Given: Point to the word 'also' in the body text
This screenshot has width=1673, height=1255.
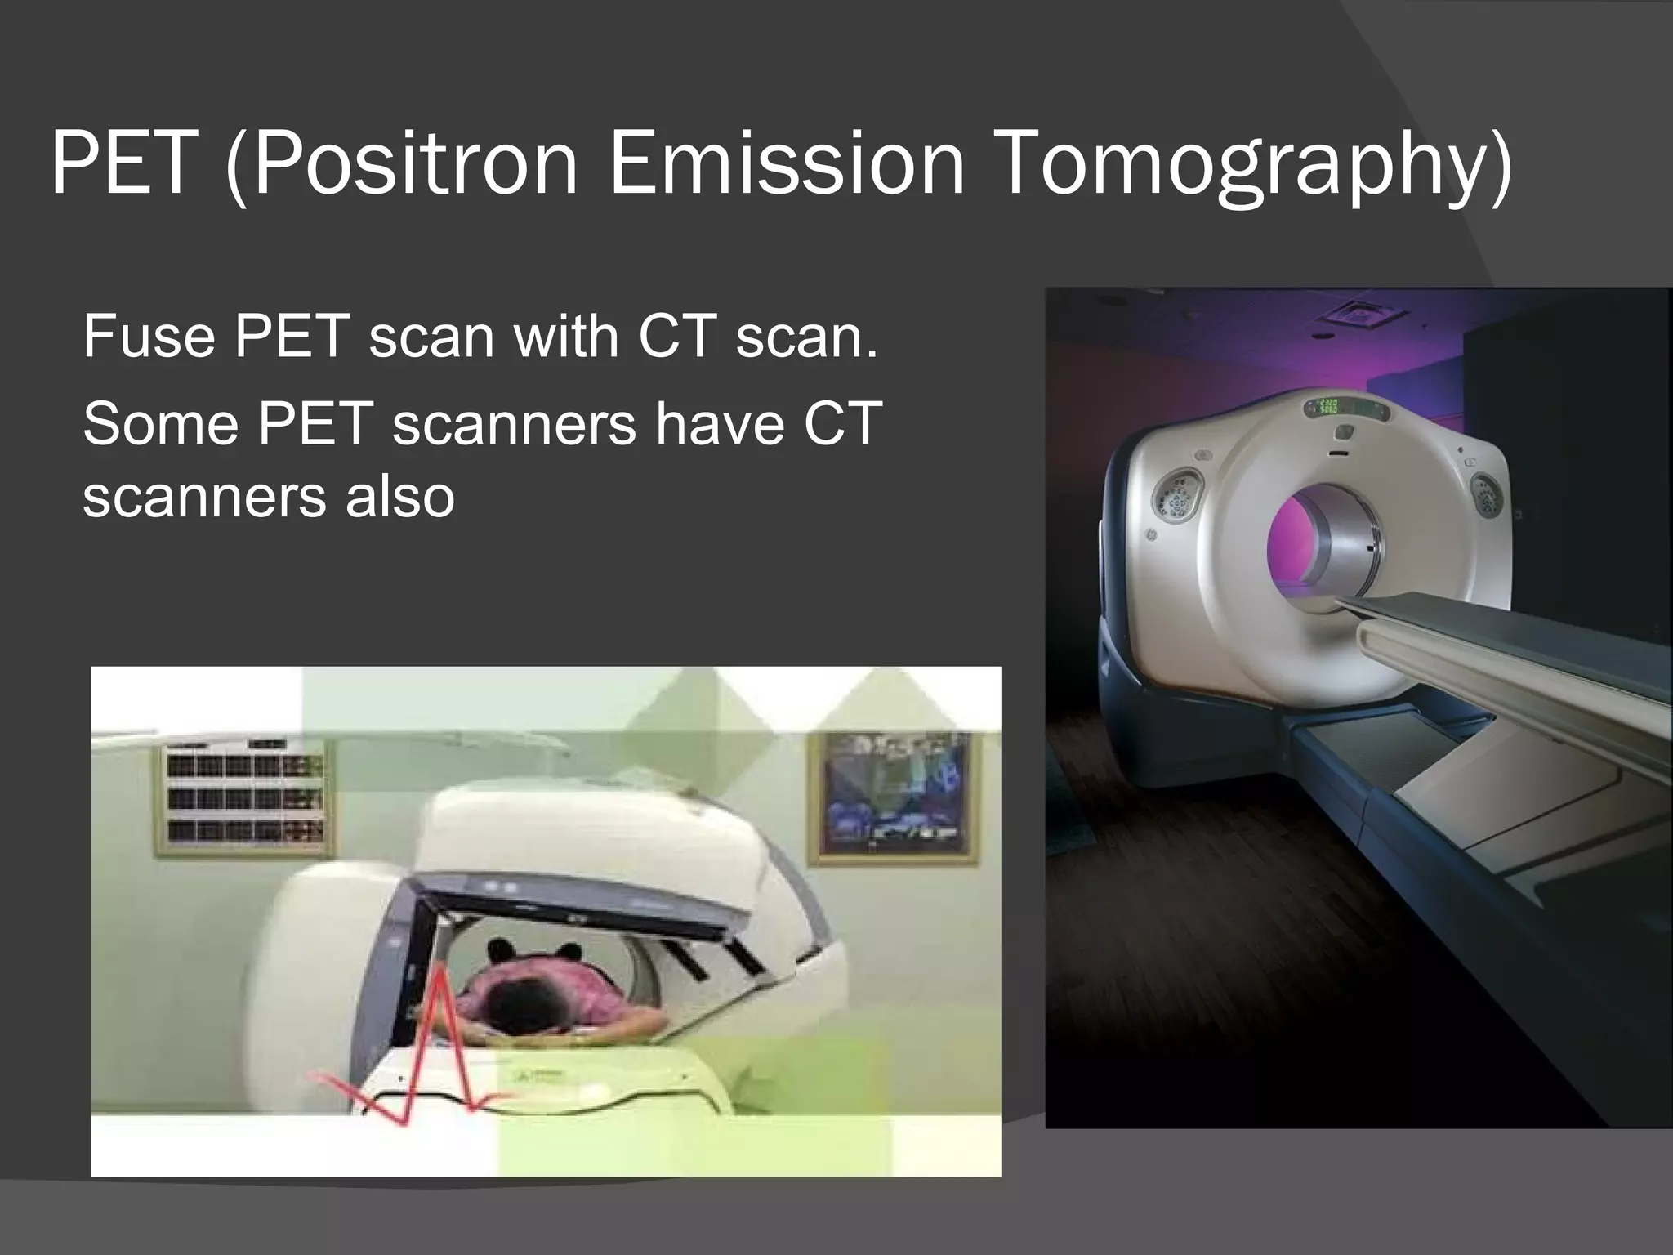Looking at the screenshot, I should click(x=399, y=496).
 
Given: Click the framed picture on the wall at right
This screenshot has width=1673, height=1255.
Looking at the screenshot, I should click(x=892, y=797).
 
